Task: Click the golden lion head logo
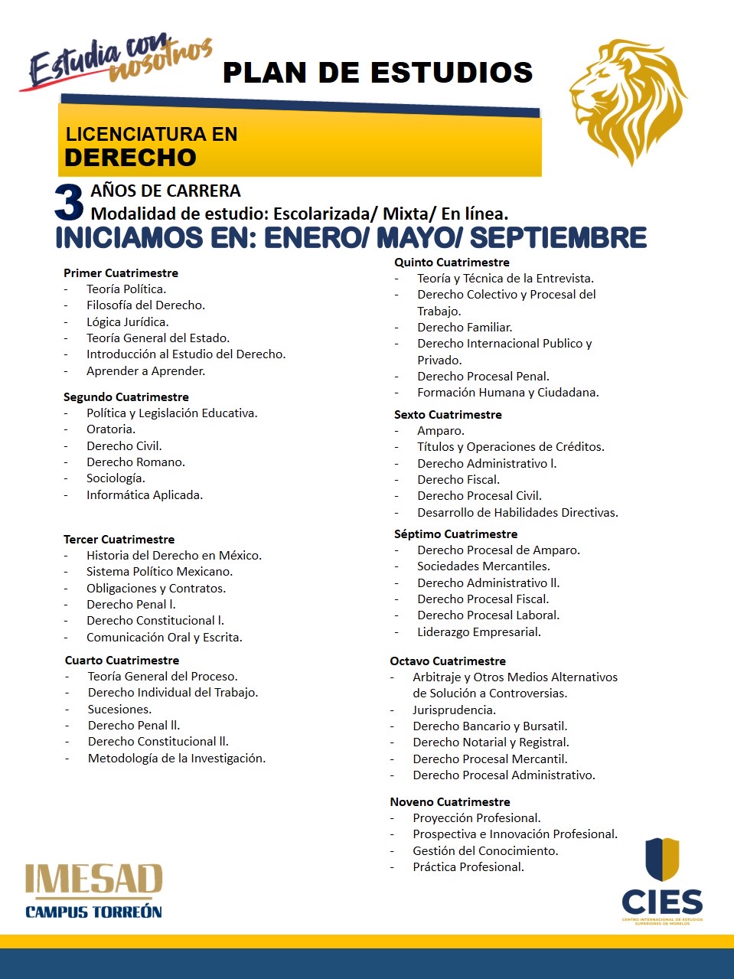pyautogui.click(x=628, y=100)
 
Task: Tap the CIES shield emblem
pyautogui.click(x=662, y=859)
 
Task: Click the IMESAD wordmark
pyautogui.click(x=94, y=880)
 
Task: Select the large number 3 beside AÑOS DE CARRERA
pyautogui.click(x=69, y=203)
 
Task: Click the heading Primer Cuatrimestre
pyautogui.click(x=121, y=273)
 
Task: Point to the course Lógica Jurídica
pyautogui.click(x=127, y=322)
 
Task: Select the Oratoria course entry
pyautogui.click(x=111, y=429)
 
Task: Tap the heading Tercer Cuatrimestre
pyautogui.click(x=119, y=540)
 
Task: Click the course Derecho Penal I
pyautogui.click(x=131, y=605)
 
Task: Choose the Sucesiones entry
pyautogui.click(x=119, y=710)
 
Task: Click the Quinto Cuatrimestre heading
pyautogui.click(x=452, y=263)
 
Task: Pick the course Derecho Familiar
pyautogui.click(x=465, y=328)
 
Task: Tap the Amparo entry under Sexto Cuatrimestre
pyautogui.click(x=441, y=431)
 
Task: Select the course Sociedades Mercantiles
pyautogui.click(x=484, y=566)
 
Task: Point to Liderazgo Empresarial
pyautogui.click(x=479, y=632)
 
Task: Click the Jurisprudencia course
pyautogui.click(x=455, y=710)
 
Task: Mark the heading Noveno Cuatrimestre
pyautogui.click(x=450, y=802)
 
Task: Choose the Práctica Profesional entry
pyautogui.click(x=468, y=867)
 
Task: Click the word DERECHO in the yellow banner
pyautogui.click(x=130, y=158)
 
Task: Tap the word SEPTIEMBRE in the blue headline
pyautogui.click(x=558, y=238)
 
